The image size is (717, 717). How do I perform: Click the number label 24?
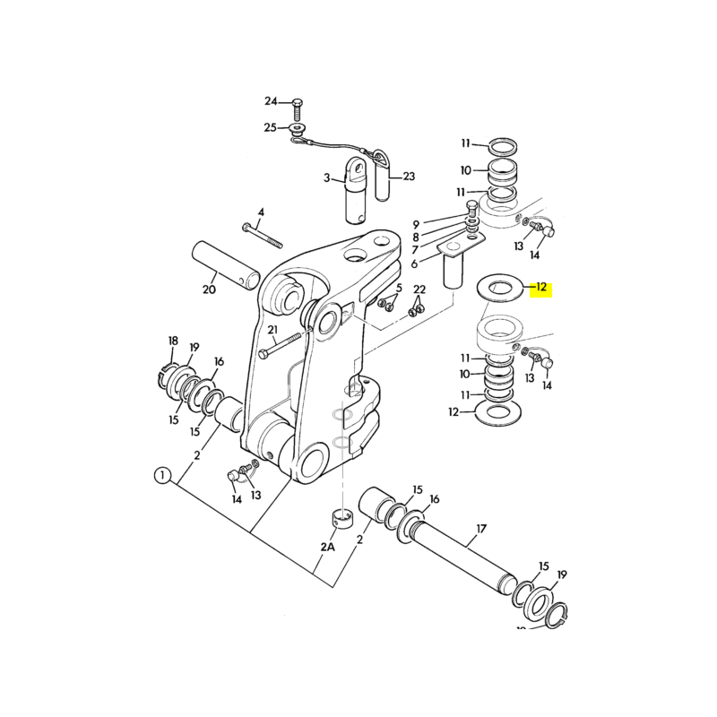click(272, 100)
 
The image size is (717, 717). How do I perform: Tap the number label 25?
click(271, 128)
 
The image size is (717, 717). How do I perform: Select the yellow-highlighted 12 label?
click(542, 289)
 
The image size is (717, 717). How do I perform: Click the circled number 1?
click(160, 475)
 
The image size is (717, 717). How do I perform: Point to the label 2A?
click(327, 546)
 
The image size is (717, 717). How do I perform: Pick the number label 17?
click(480, 530)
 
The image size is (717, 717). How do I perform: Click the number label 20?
click(209, 289)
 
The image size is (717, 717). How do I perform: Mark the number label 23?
click(409, 177)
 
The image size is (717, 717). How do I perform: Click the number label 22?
click(419, 289)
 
